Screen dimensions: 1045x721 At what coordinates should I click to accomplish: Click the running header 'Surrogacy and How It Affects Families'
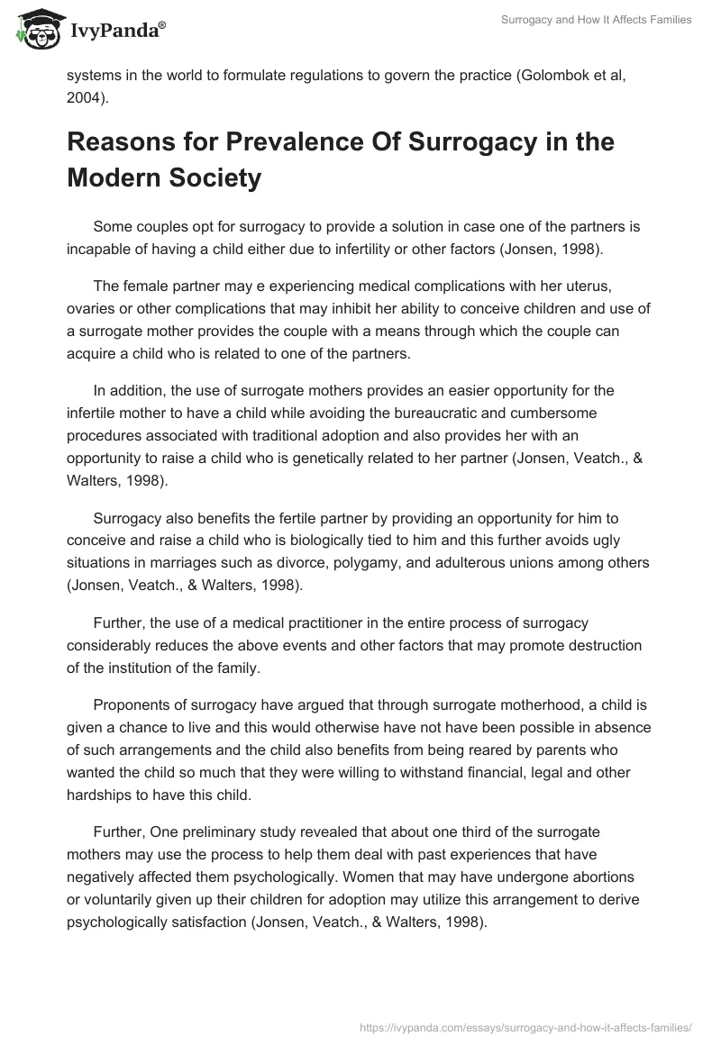click(596, 20)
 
